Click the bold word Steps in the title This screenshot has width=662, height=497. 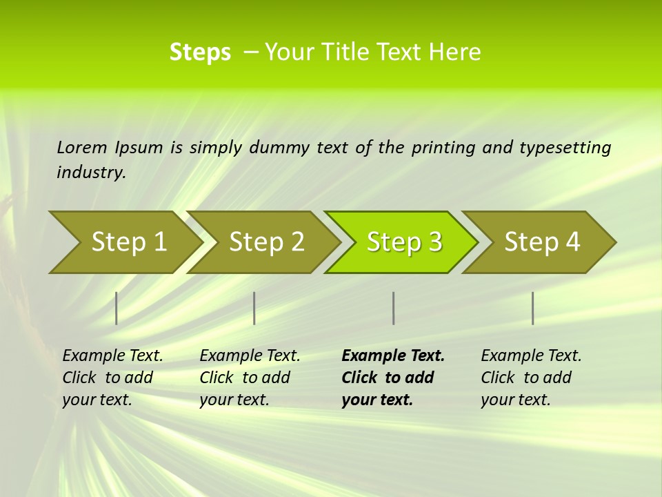(200, 52)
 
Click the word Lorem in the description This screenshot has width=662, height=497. (82, 148)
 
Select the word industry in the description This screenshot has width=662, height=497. (91, 173)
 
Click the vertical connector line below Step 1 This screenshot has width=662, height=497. (117, 308)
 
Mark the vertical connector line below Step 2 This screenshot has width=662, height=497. (254, 308)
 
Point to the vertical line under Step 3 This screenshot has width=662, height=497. (393, 308)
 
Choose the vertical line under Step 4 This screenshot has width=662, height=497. (532, 308)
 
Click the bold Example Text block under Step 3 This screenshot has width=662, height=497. (393, 378)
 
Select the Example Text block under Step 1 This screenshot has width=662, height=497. (112, 378)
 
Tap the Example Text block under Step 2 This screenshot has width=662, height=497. (250, 378)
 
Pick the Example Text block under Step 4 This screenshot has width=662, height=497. (531, 378)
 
